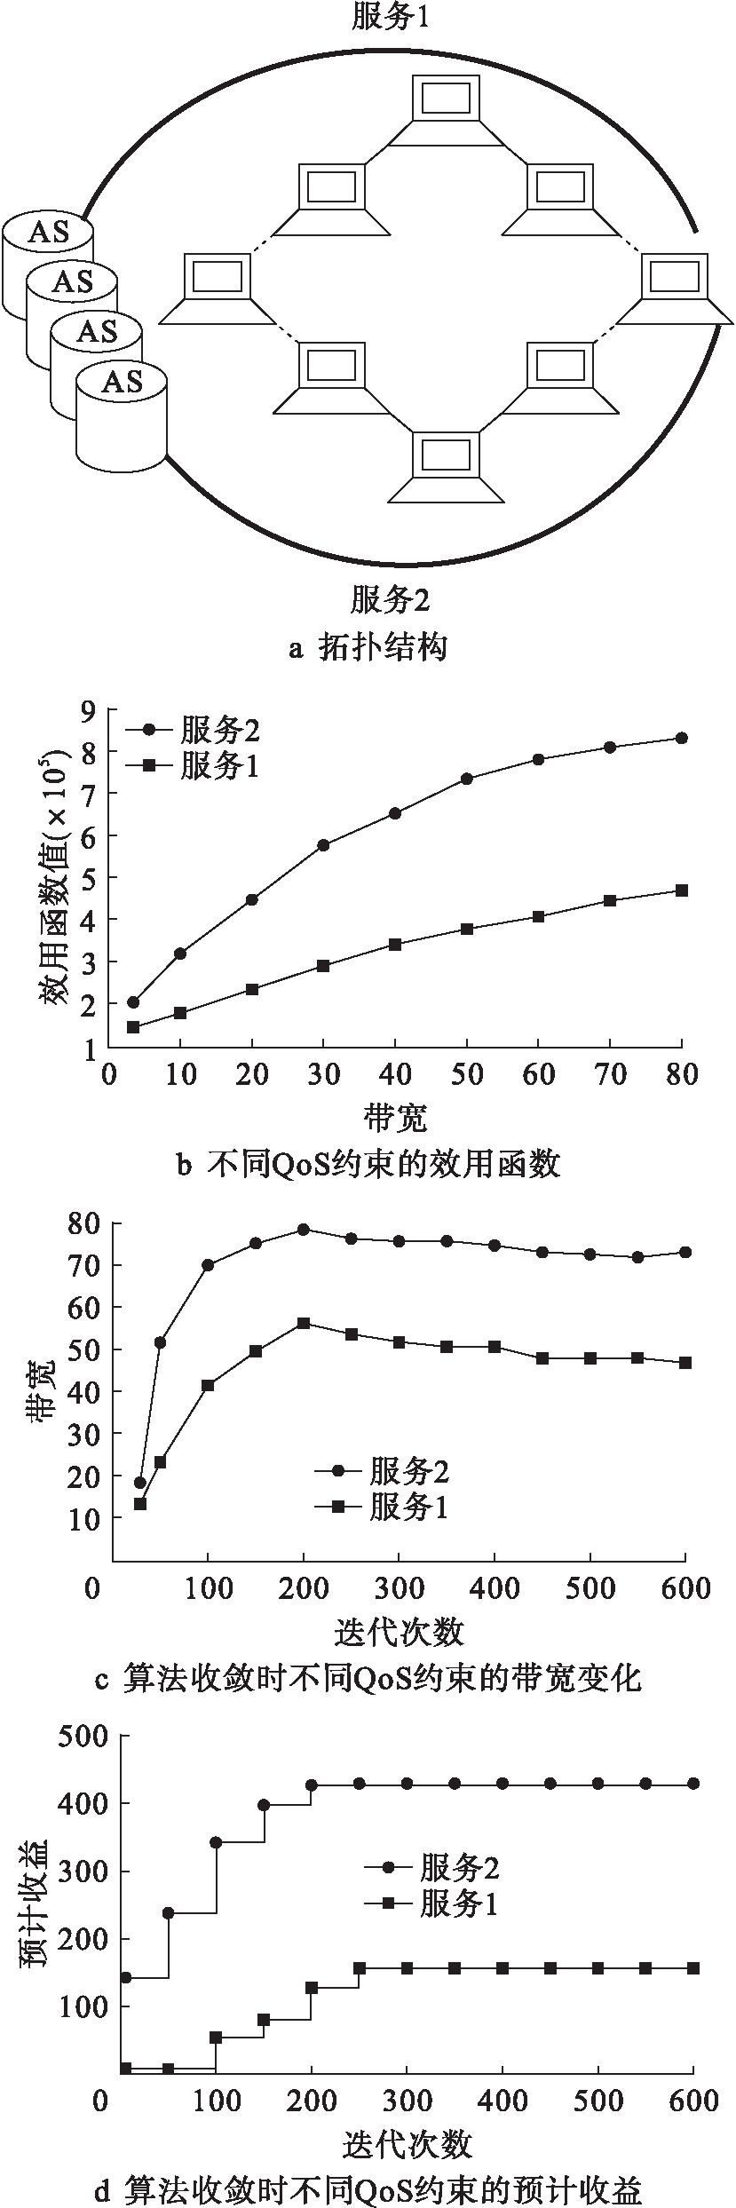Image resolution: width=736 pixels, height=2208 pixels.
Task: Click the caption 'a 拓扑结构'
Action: pos(368,648)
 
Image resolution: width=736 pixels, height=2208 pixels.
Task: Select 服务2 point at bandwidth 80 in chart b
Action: pos(682,738)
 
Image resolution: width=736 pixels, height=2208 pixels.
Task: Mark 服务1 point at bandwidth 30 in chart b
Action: pos(323,965)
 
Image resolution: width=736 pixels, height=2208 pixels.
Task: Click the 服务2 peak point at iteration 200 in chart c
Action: pos(304,1230)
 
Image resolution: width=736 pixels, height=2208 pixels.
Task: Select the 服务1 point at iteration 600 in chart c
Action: pos(685,1362)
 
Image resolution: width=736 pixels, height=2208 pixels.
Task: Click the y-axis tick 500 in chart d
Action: pos(83,1737)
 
